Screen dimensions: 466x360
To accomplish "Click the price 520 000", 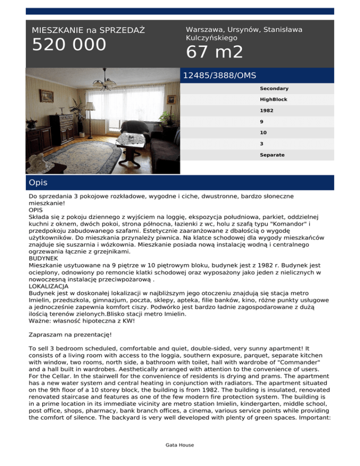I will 69,45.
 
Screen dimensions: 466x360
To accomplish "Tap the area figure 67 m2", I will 215,53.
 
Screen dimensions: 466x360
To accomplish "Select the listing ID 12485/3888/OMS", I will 219,75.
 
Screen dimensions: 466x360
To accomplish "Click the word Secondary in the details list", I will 274,89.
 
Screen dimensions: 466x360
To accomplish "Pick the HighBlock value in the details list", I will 274,100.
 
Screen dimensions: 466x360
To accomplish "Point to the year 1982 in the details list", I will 267,111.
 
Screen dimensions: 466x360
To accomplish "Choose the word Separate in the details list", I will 272,155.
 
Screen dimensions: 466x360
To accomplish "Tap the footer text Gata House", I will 180,445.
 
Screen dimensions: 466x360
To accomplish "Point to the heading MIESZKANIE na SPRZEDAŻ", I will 88,30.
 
